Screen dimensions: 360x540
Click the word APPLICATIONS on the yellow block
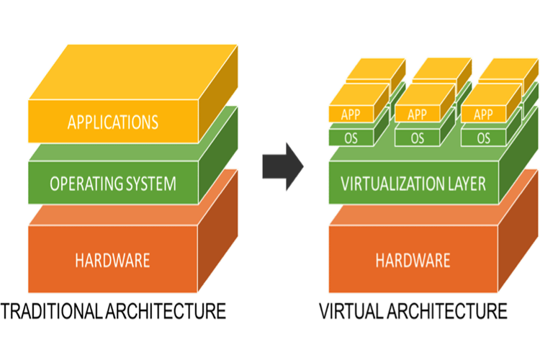[x=112, y=121]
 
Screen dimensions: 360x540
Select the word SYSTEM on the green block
[x=148, y=184]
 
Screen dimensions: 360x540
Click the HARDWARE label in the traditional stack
[x=112, y=259]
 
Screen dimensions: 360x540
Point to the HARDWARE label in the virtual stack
[x=413, y=259]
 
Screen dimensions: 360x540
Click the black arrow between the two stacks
[x=281, y=166]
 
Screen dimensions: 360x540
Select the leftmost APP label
[x=351, y=114]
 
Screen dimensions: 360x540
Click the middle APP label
[x=417, y=114]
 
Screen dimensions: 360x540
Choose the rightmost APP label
[x=483, y=114]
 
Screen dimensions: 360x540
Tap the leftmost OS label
[x=351, y=137]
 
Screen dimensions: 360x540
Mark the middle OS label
[x=417, y=137]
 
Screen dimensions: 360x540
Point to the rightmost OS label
[x=483, y=137]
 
